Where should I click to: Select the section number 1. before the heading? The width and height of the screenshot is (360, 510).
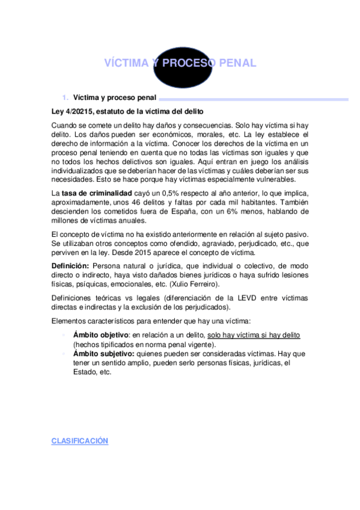pyautogui.click(x=66, y=97)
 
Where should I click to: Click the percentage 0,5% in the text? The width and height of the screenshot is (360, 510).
pyautogui.click(x=172, y=192)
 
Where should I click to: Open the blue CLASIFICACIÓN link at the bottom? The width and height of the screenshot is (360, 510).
pyautogui.click(x=79, y=441)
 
